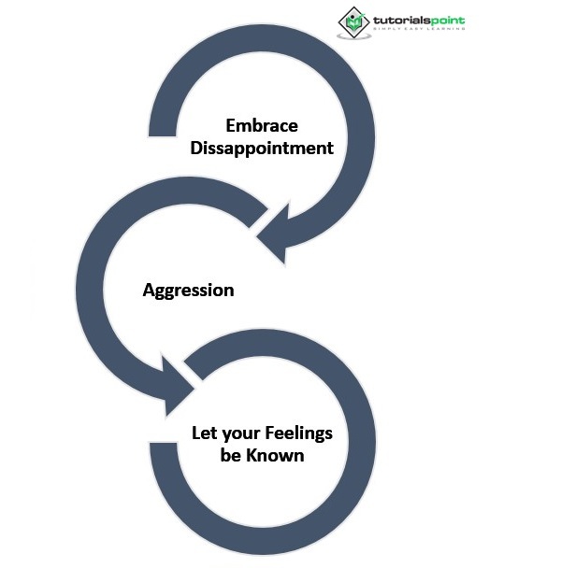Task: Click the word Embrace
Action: pyautogui.click(x=261, y=125)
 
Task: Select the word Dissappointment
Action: pyautogui.click(x=261, y=148)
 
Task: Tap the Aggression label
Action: pyautogui.click(x=188, y=290)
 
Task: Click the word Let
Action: pyautogui.click(x=204, y=433)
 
